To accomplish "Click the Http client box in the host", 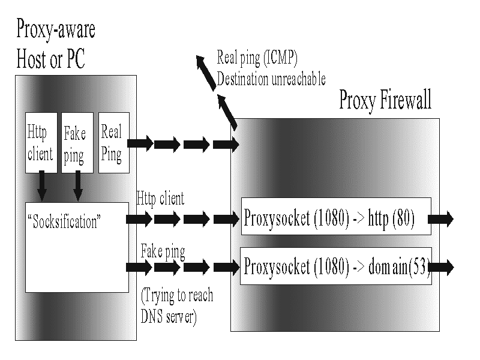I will (40, 142).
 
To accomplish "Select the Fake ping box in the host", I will (76, 142).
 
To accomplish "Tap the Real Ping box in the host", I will (113, 142).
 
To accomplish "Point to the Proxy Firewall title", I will (385, 100).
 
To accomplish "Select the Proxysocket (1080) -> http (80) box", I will (335, 217).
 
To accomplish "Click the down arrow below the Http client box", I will (41, 186).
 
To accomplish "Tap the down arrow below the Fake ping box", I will (77, 186).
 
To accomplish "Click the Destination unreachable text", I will (271, 79).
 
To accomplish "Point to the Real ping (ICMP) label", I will (257, 58).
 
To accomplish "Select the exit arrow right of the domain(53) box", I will (443, 266).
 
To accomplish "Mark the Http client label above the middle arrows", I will (160, 198).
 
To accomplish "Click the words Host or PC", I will (51, 59).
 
